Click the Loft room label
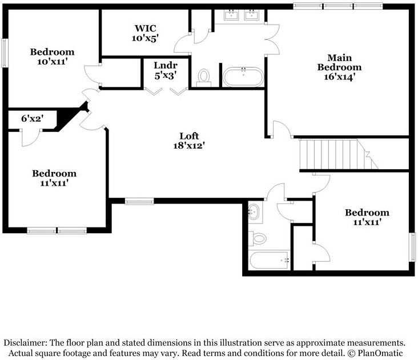[189, 136]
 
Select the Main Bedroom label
[339, 62]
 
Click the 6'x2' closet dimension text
[33, 119]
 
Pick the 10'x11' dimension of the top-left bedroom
[53, 62]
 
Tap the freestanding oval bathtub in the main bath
[243, 77]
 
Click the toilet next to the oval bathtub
[203, 77]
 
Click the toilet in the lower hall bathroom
[258, 238]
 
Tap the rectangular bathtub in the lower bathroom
[270, 261]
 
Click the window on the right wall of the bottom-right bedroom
[412, 246]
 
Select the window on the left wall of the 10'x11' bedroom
[4, 53]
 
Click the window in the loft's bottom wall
[139, 201]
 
